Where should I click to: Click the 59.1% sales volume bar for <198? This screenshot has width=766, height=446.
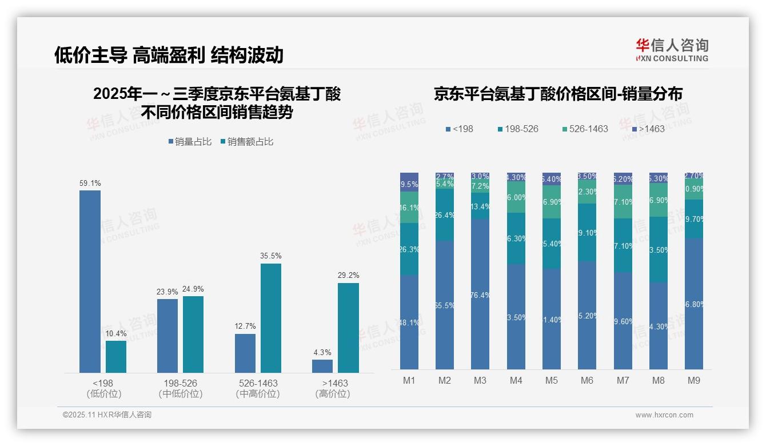click(x=90, y=281)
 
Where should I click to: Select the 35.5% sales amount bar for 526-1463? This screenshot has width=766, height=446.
click(x=271, y=318)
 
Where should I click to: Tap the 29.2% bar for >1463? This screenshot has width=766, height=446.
click(x=348, y=328)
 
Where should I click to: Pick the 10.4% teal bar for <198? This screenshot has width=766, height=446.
click(x=116, y=357)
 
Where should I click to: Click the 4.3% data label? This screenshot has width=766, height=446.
click(x=322, y=352)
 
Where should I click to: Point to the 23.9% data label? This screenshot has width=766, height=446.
click(x=167, y=292)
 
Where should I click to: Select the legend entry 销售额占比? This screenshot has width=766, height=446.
click(x=247, y=142)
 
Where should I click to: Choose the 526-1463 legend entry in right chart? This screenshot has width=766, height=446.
click(x=584, y=129)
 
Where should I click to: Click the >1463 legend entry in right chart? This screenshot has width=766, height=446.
click(x=648, y=129)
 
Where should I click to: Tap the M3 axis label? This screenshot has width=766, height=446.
click(x=480, y=380)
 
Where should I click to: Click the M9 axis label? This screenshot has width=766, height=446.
click(x=693, y=380)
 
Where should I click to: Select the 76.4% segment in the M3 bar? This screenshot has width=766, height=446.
click(x=480, y=294)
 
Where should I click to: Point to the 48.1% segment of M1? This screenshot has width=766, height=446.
click(x=409, y=322)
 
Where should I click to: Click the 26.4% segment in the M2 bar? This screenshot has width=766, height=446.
click(x=445, y=215)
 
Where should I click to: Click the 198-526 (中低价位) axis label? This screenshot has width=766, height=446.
click(x=180, y=388)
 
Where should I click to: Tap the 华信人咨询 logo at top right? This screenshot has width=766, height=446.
click(x=672, y=50)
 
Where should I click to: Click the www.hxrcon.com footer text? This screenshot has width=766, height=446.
click(x=664, y=415)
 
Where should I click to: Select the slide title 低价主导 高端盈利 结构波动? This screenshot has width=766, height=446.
click(x=169, y=55)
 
